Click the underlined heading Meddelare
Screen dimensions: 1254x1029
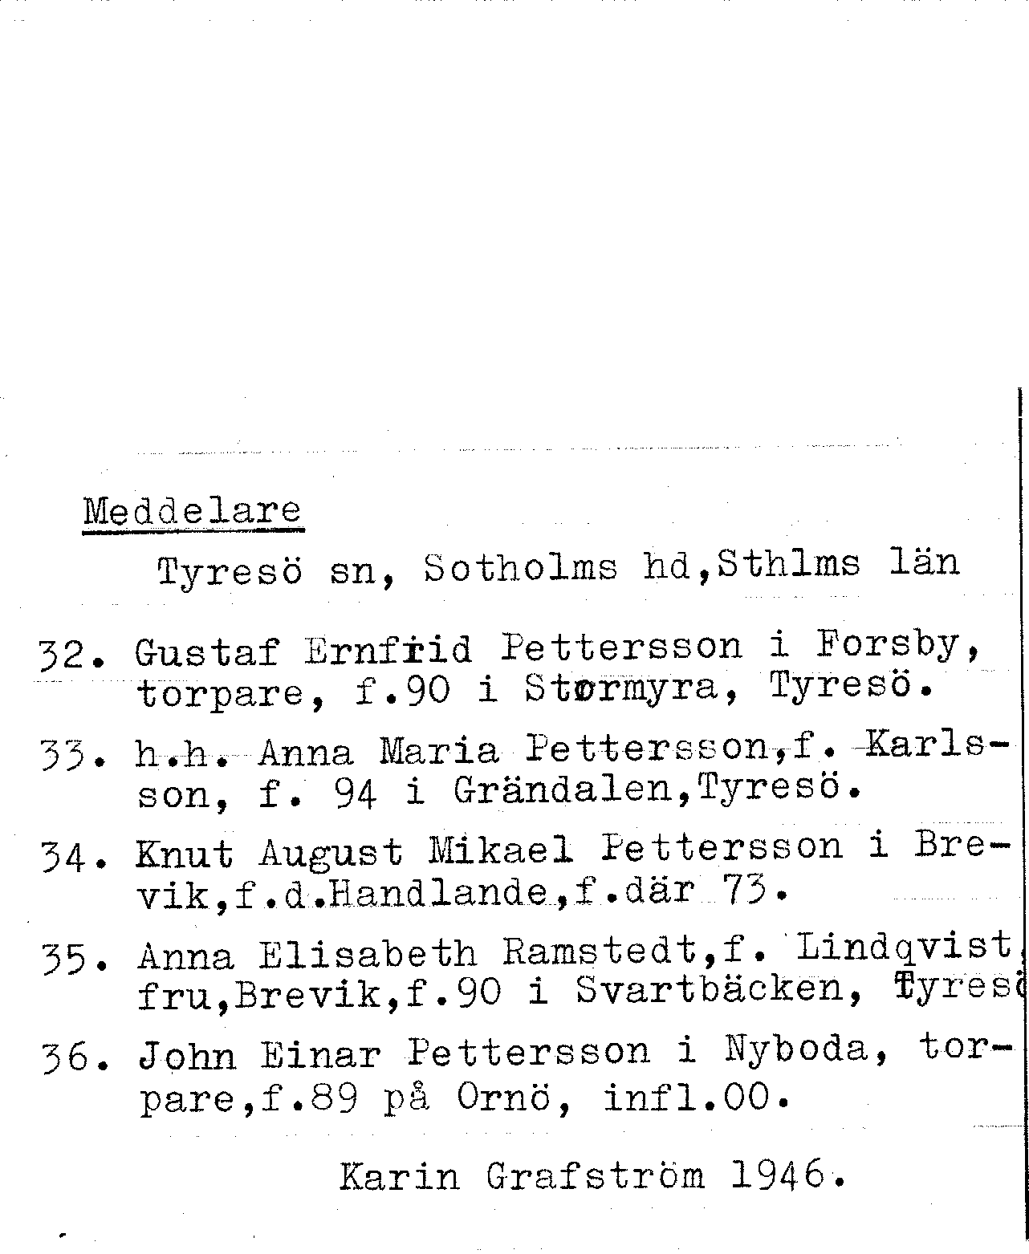193,512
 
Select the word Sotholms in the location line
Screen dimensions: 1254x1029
521,568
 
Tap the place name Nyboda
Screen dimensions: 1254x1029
795,1051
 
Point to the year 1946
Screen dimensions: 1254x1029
779,1175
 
